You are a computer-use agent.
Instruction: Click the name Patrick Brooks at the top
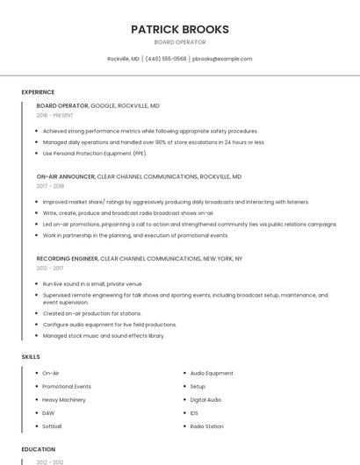179,29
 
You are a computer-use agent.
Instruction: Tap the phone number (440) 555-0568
165,59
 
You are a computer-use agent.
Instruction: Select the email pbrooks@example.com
222,59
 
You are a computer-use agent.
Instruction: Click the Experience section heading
38,92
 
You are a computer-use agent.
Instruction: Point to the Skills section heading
31,357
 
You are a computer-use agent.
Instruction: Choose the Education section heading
39,448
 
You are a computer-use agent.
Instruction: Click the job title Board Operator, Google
97,105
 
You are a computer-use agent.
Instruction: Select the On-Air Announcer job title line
139,176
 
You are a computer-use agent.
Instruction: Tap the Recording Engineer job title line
139,259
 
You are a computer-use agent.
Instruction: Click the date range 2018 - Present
54,115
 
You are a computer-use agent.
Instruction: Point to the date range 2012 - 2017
50,268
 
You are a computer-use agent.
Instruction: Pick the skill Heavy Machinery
63,399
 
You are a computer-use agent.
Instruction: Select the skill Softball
52,426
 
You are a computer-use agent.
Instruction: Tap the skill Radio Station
206,426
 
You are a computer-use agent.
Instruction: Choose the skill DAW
48,412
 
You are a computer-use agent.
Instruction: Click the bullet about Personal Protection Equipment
95,153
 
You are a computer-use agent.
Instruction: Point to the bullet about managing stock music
104,335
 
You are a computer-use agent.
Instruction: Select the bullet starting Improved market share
176,201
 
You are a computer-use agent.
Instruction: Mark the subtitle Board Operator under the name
179,42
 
